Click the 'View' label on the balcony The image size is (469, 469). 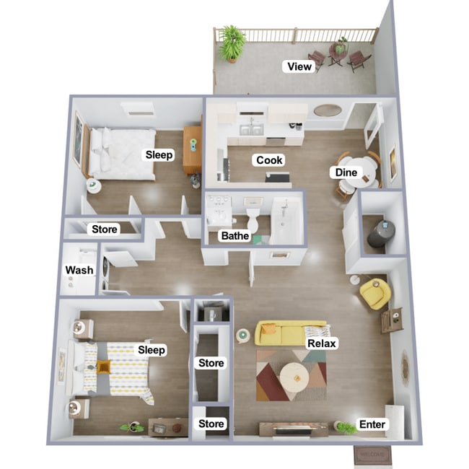point(299,67)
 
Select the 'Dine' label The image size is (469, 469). point(345,172)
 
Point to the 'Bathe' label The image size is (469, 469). point(235,235)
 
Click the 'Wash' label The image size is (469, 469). point(79,271)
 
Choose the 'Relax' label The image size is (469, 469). point(323,344)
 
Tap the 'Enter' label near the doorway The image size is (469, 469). point(372,425)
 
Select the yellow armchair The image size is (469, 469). point(375,293)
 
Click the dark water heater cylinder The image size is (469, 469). point(380,233)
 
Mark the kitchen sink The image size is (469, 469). point(250,131)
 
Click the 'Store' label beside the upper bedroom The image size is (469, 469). point(105,229)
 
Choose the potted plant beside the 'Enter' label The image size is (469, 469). point(346,427)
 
